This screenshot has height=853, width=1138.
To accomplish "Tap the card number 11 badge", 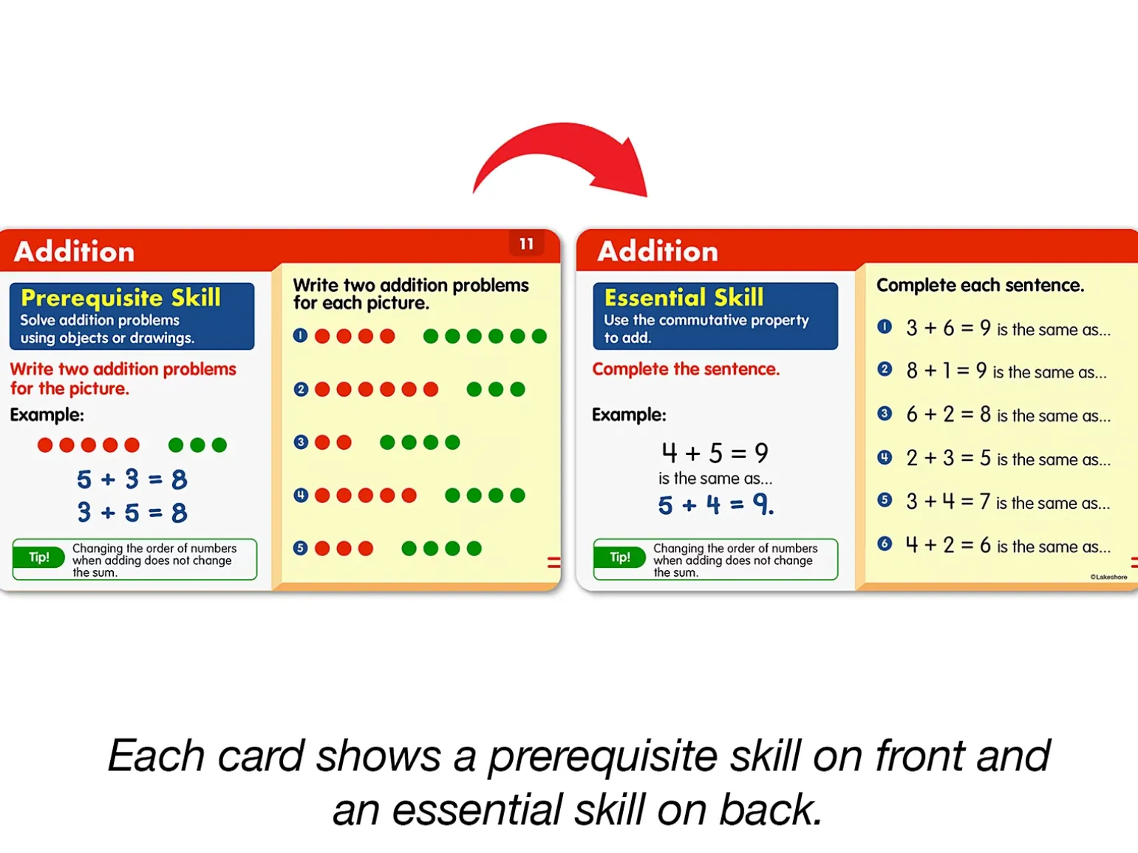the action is pyautogui.click(x=526, y=244).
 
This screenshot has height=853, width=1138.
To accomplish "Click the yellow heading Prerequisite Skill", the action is pyautogui.click(x=120, y=298).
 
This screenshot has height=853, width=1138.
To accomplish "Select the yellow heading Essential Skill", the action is pyautogui.click(x=684, y=298).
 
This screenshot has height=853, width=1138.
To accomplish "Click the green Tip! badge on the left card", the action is pyautogui.click(x=39, y=558).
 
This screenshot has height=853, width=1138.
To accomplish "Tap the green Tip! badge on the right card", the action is pyautogui.click(x=620, y=558).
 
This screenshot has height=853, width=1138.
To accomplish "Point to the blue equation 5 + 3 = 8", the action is pyautogui.click(x=132, y=479).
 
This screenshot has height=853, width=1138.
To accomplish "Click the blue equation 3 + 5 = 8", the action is pyautogui.click(x=132, y=513).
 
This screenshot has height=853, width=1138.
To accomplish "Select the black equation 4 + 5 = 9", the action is pyautogui.click(x=715, y=453).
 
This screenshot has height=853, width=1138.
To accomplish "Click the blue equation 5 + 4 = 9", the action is pyautogui.click(x=716, y=504).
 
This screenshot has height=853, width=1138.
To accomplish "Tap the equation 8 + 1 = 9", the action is pyautogui.click(x=946, y=370).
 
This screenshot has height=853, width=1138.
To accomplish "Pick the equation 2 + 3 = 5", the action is pyautogui.click(x=948, y=458).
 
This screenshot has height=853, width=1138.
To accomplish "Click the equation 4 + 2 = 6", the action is pyautogui.click(x=948, y=545).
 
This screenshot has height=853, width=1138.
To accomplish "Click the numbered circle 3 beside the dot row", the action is pyautogui.click(x=301, y=442).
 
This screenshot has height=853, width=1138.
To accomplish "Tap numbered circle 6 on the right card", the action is pyautogui.click(x=885, y=544).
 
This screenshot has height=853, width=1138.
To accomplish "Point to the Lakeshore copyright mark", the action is pyautogui.click(x=1108, y=577).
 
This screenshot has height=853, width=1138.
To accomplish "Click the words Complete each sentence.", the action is pyautogui.click(x=980, y=285).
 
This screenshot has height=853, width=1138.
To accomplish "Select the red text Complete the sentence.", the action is pyautogui.click(x=686, y=369).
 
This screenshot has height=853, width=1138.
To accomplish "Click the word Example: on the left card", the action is pyautogui.click(x=47, y=415).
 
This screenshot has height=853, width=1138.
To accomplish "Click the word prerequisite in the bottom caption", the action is pyautogui.click(x=602, y=757).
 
